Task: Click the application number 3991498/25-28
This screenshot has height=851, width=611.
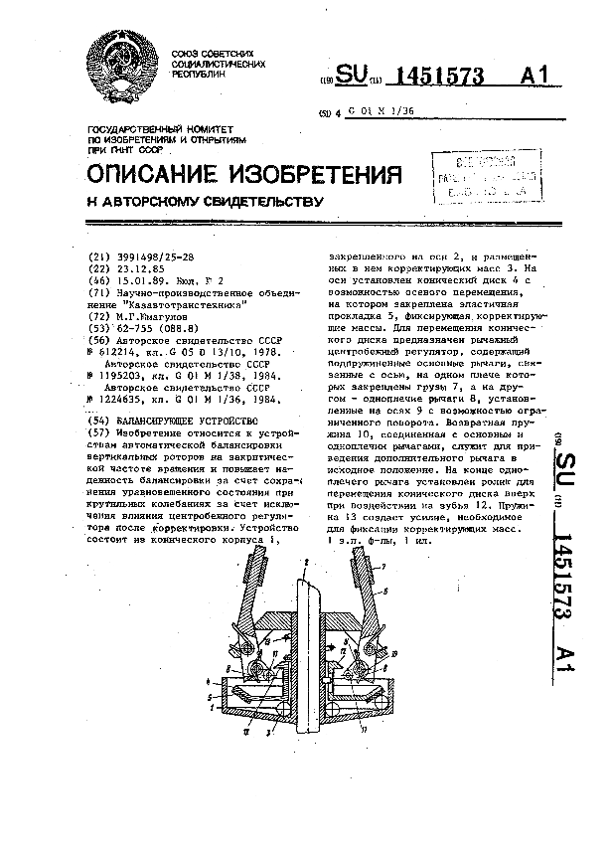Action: [157, 256]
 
